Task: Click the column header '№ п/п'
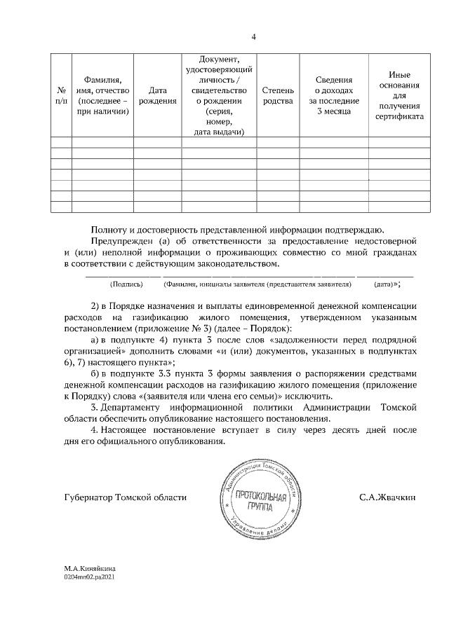point(61,96)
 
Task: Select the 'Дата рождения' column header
point(158,96)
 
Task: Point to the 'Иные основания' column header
point(398,96)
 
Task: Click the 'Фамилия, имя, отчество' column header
point(102,96)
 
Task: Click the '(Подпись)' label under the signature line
point(127,284)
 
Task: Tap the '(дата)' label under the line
point(384,284)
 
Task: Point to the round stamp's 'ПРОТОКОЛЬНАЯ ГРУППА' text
point(262,502)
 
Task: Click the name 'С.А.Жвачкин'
point(387,497)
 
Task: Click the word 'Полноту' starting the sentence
point(107,228)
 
